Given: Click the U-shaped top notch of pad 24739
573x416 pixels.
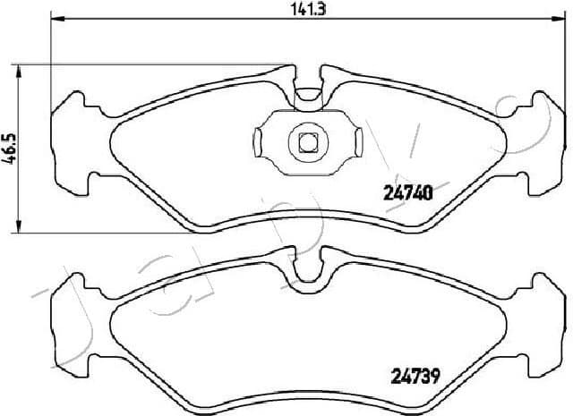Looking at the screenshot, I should [308, 273].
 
